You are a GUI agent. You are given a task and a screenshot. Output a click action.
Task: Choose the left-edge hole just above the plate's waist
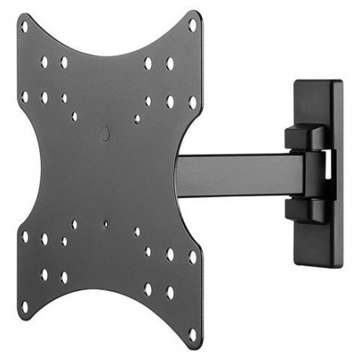coord(24,97)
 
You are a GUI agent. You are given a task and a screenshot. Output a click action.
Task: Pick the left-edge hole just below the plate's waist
coord(24,237)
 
